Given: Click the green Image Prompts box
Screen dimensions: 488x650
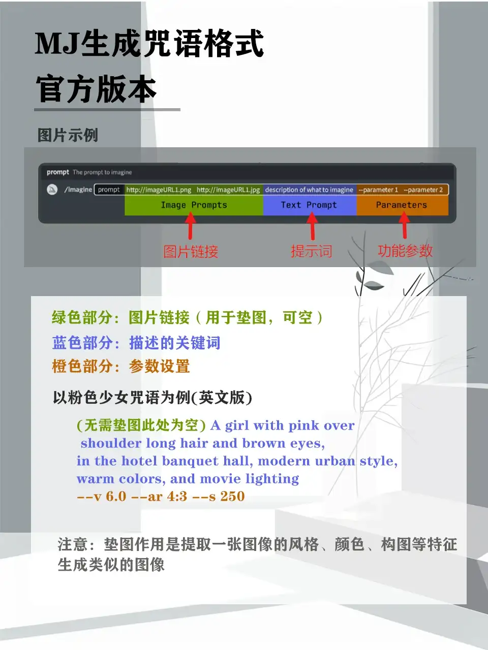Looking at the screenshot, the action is [194, 205].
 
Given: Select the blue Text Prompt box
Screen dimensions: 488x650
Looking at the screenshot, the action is [310, 205].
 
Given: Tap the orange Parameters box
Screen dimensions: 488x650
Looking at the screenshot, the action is [403, 205].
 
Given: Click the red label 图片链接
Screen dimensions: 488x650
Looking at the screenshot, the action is [191, 252].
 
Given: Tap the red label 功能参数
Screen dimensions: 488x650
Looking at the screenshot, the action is [405, 251].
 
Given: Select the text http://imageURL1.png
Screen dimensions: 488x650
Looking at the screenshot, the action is [159, 190].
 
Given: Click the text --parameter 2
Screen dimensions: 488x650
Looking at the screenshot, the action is [423, 190].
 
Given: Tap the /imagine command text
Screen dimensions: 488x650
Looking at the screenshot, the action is [78, 189].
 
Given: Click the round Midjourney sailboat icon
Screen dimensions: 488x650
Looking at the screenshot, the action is [52, 189].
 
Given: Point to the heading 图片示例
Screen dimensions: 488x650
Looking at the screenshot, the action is [68, 135].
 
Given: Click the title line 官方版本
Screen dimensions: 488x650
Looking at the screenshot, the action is [96, 89].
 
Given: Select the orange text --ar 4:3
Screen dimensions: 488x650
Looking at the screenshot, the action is [159, 496].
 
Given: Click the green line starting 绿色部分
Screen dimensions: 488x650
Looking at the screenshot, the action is [187, 317].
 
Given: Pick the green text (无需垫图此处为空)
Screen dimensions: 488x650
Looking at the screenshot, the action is [141, 426].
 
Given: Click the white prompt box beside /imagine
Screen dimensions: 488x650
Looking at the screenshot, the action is [109, 189].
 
